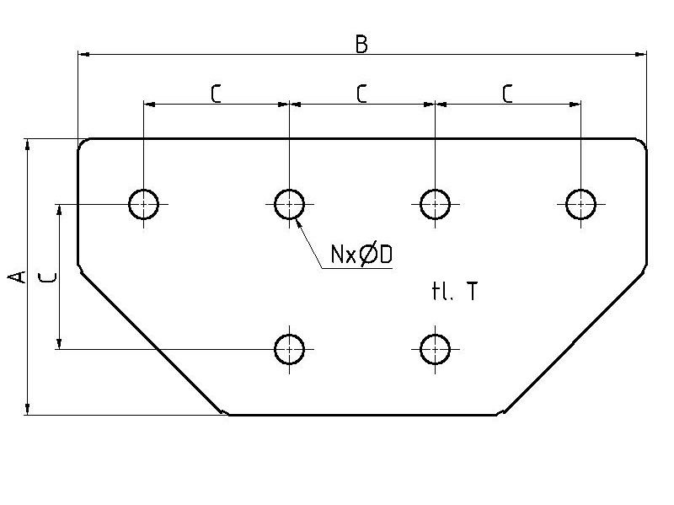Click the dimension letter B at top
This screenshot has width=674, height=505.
coord(361,44)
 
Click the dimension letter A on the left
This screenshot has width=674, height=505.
coord(16,277)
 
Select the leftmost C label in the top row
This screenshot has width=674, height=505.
coord(216,94)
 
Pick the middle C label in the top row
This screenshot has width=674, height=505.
coord(361,94)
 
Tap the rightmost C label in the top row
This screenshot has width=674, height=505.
coord(507,94)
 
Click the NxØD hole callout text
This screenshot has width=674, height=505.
coord(361,255)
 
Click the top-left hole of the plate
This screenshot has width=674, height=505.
coord(144,204)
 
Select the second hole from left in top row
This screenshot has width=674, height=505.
coord(289,204)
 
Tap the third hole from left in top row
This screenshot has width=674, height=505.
coord(435,204)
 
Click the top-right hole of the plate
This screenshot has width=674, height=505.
coord(580,204)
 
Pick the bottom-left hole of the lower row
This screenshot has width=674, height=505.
coord(289,348)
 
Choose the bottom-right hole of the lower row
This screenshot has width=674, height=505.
coord(435,348)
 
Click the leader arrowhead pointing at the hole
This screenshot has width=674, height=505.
coord(300,223)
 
